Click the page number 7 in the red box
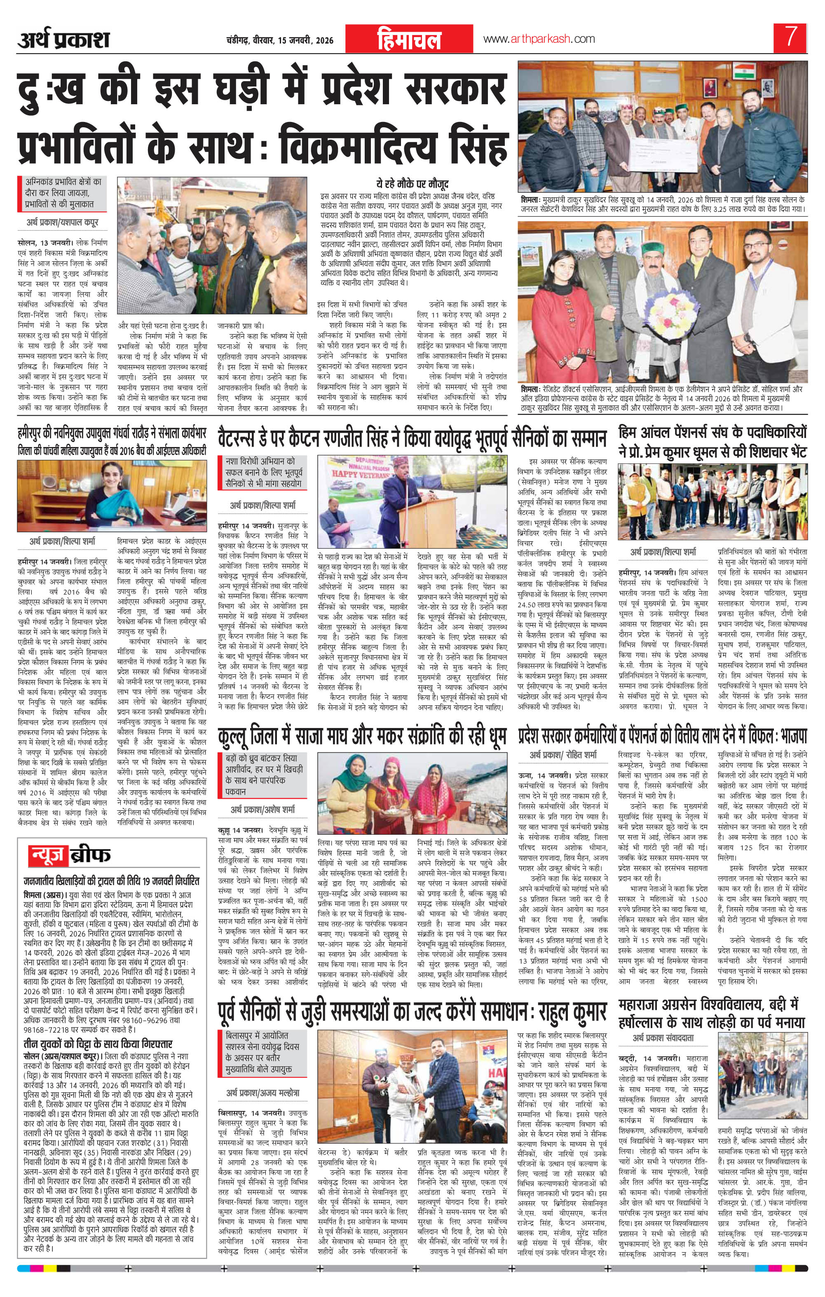(790, 39)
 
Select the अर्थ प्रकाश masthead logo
(63, 39)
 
